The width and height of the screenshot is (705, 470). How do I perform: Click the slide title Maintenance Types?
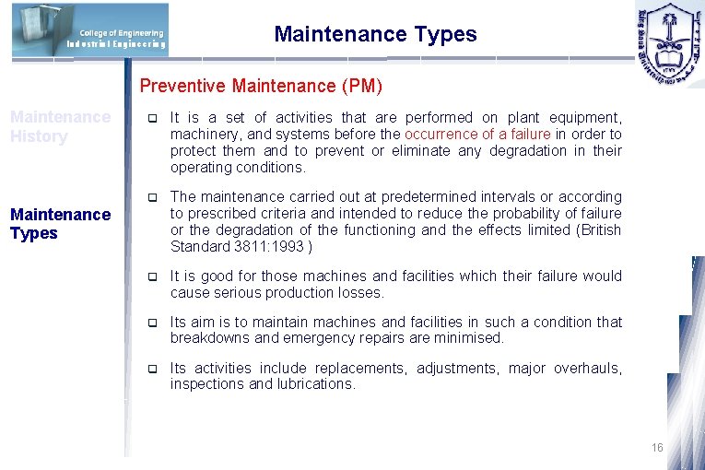[375, 35]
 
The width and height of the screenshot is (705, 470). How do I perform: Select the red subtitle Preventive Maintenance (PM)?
[261, 87]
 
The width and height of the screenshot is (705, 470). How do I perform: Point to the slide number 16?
[656, 448]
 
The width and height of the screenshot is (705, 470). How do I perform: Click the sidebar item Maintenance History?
[60, 127]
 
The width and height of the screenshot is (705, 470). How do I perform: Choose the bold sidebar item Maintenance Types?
[60, 224]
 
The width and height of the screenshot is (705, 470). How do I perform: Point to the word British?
[596, 230]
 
